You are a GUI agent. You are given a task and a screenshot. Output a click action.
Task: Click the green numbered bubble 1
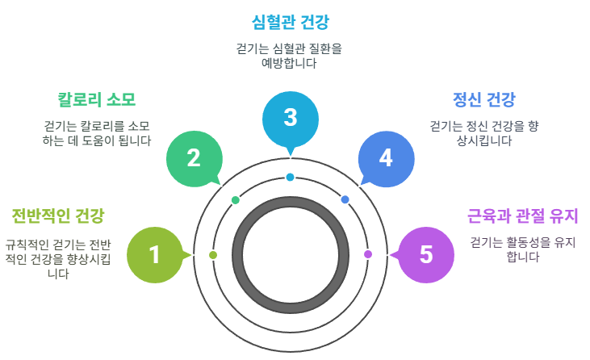click(x=155, y=255)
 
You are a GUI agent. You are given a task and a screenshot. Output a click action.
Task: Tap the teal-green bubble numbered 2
click(x=194, y=157)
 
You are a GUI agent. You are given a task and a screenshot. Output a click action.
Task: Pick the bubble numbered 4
click(x=386, y=157)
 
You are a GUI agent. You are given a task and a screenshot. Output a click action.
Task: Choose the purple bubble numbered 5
click(x=426, y=255)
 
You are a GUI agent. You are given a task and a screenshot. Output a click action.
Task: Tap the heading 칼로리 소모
click(x=96, y=100)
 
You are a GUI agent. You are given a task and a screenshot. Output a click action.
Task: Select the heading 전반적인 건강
click(x=58, y=216)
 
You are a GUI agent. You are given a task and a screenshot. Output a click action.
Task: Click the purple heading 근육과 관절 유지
click(x=524, y=216)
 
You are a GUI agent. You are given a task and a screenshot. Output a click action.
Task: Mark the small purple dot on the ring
click(x=368, y=254)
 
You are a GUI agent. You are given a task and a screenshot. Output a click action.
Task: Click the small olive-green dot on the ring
click(x=213, y=254)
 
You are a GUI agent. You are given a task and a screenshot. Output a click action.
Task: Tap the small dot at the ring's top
click(x=290, y=178)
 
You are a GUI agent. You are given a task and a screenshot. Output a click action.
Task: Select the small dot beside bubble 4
click(x=345, y=199)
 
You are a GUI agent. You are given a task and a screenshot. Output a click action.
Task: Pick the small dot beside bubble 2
click(x=236, y=199)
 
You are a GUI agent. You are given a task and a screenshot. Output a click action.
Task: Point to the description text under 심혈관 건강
click(x=291, y=55)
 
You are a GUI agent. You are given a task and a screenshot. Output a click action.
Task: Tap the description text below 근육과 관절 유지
click(x=522, y=249)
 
